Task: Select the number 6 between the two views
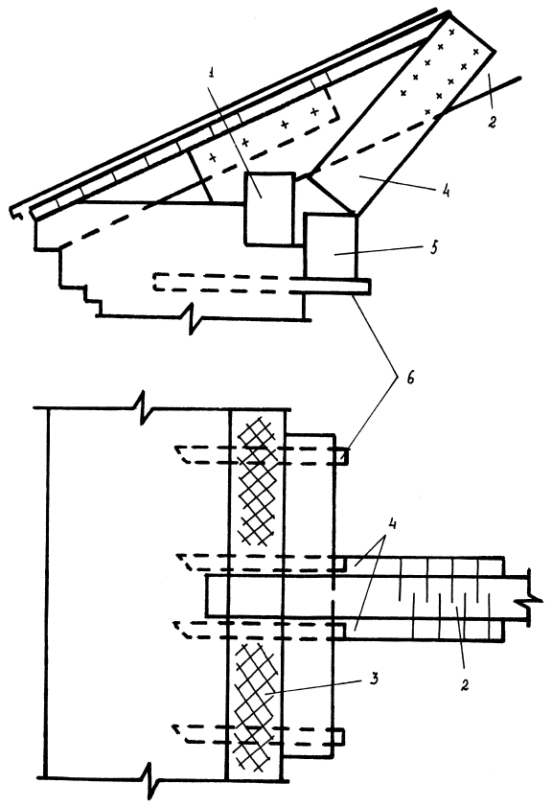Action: [x=409, y=378]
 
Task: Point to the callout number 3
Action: [x=375, y=679]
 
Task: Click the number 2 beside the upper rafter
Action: [x=492, y=123]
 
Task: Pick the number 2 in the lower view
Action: [x=464, y=685]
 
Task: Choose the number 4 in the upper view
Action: [x=445, y=192]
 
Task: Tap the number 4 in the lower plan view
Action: [x=392, y=525]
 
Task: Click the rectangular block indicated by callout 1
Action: [x=269, y=208]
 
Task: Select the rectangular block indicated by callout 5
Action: [x=331, y=246]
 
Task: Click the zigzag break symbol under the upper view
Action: [x=195, y=320]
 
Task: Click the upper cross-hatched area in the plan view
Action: [x=256, y=480]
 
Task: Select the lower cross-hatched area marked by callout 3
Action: [x=255, y=706]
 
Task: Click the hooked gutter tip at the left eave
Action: [x=15, y=213]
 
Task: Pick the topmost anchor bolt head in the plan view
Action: [x=343, y=457]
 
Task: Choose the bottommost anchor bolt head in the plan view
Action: [x=338, y=736]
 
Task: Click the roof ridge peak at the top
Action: [x=448, y=12]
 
